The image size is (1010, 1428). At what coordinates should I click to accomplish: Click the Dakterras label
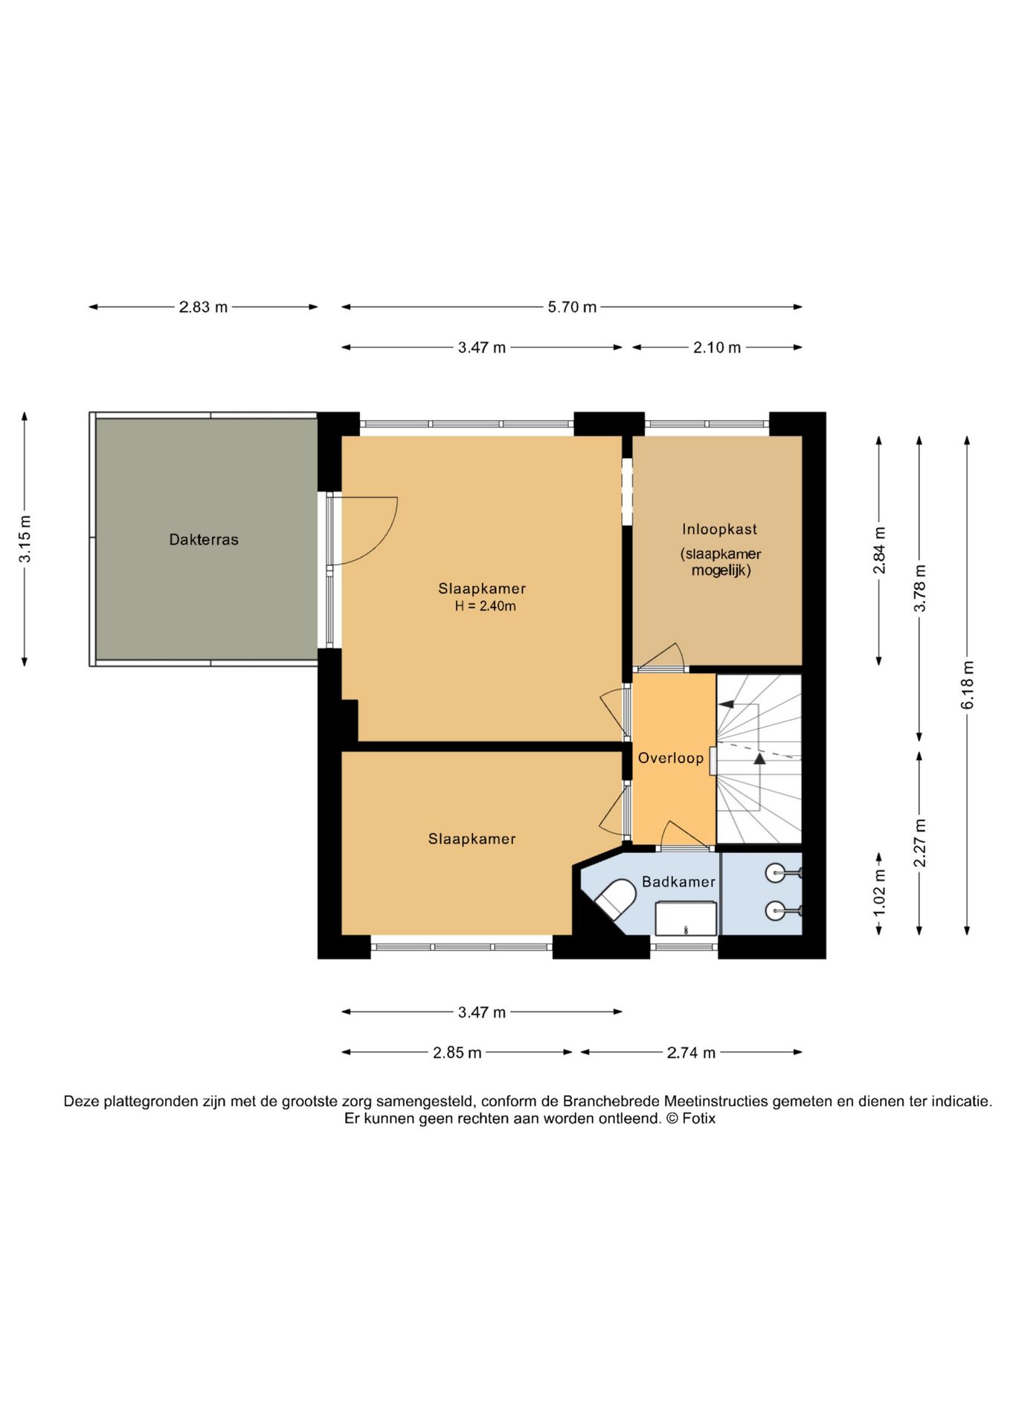click(204, 540)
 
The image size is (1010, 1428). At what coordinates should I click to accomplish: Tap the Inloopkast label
click(719, 530)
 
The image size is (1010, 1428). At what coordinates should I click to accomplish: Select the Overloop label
click(671, 758)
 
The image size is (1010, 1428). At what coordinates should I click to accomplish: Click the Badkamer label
click(678, 882)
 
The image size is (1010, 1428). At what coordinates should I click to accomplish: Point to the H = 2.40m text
click(485, 606)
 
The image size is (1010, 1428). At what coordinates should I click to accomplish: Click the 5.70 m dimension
click(572, 307)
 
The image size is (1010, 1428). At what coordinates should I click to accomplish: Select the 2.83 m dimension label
click(203, 307)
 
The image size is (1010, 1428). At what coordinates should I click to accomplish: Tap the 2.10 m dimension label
click(717, 347)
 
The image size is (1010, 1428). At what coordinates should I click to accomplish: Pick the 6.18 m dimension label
click(968, 685)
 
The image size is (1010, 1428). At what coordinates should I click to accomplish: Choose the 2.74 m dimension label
click(691, 1052)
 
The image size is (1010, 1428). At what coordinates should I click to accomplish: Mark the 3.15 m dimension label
click(25, 538)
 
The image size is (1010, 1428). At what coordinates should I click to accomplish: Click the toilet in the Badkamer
click(616, 899)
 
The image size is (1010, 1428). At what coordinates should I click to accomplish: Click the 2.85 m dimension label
click(457, 1052)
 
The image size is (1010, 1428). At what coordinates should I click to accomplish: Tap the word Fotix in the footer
click(698, 1119)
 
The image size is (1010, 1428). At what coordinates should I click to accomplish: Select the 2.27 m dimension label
click(920, 843)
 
